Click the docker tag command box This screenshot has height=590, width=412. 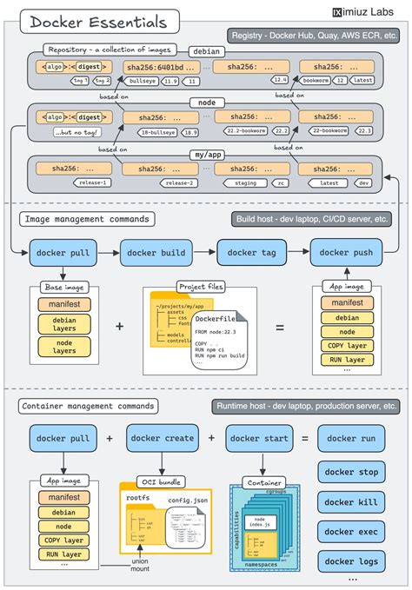tap(252, 253)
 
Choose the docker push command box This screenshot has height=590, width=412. tap(346, 253)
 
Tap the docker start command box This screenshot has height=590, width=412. tap(258, 439)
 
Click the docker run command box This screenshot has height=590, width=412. tap(351, 439)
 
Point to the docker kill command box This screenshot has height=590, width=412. tap(351, 502)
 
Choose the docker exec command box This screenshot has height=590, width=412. tap(351, 531)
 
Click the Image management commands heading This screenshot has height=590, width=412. tap(85, 219)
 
